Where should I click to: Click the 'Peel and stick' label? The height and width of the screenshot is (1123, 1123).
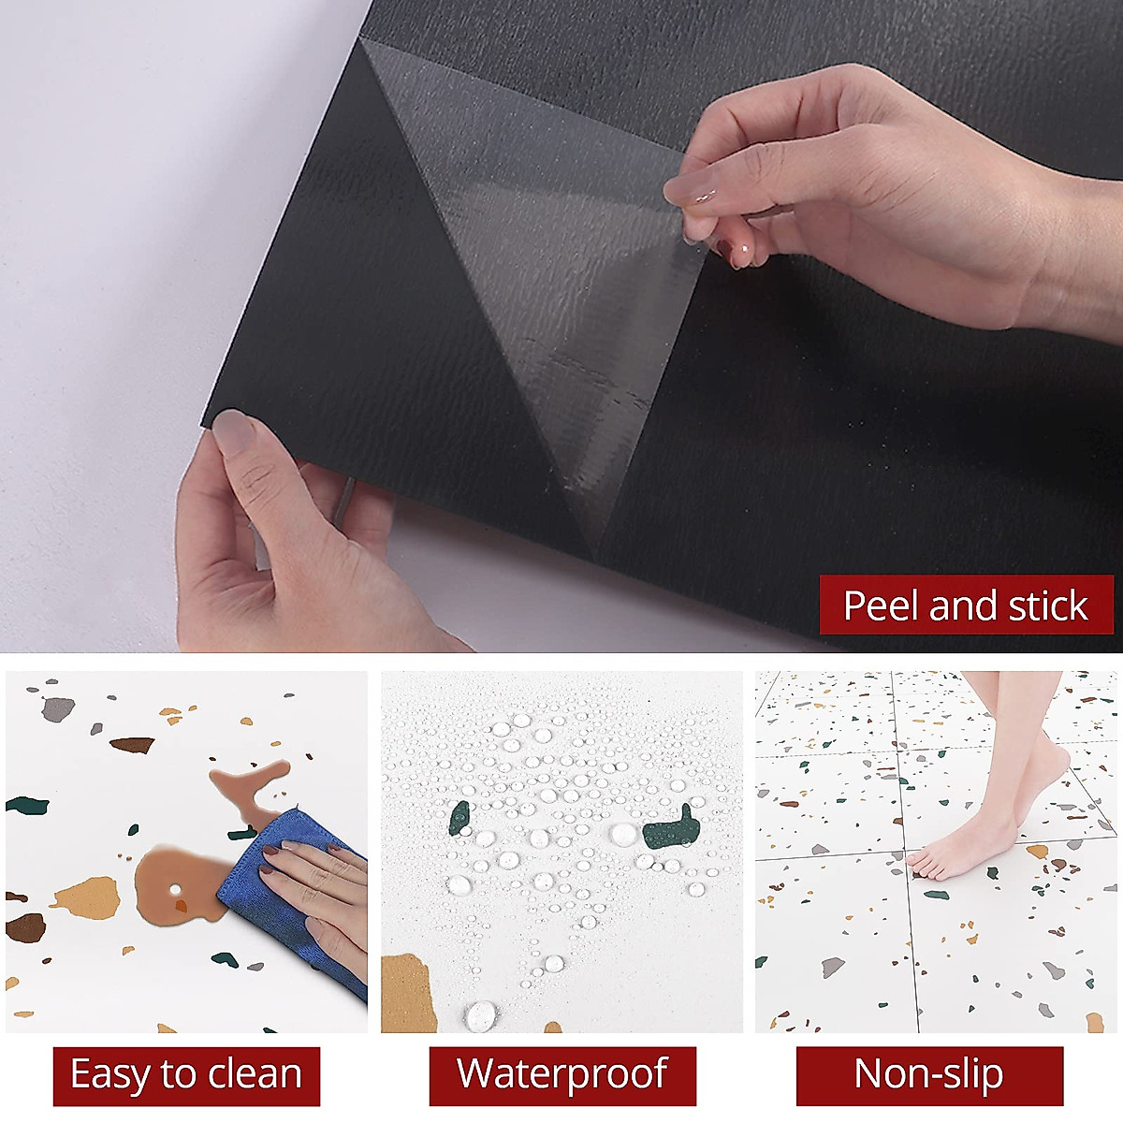tap(966, 605)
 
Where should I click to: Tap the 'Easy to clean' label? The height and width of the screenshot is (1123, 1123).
tap(186, 1075)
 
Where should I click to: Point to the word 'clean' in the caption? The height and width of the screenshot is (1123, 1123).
tap(255, 1075)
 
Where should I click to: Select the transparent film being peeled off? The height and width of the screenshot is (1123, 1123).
tap(552, 281)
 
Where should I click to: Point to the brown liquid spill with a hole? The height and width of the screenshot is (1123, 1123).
tap(173, 880)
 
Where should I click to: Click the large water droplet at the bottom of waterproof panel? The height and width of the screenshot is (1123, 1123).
tap(481, 1014)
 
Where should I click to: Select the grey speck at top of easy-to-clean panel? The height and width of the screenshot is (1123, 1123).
tap(58, 709)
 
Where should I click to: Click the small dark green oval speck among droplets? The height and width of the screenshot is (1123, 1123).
tap(459, 818)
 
